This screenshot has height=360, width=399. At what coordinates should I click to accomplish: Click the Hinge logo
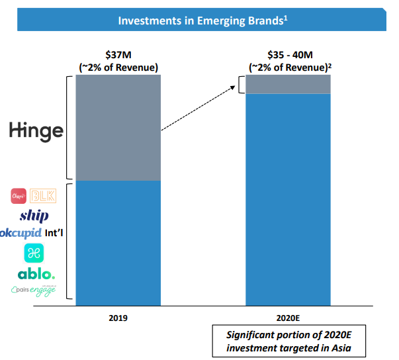pyautogui.click(x=36, y=131)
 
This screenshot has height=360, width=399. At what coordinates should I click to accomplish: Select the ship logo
pyautogui.click(x=34, y=215)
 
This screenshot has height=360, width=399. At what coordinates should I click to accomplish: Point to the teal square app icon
pyautogui.click(x=33, y=253)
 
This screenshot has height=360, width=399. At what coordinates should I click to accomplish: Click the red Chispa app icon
pyautogui.click(x=19, y=197)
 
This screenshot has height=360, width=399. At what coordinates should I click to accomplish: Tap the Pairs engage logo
pyautogui.click(x=34, y=290)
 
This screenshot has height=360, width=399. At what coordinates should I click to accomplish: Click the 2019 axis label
pyautogui.click(x=118, y=318)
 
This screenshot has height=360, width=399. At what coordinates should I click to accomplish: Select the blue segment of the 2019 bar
pyautogui.click(x=118, y=242)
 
